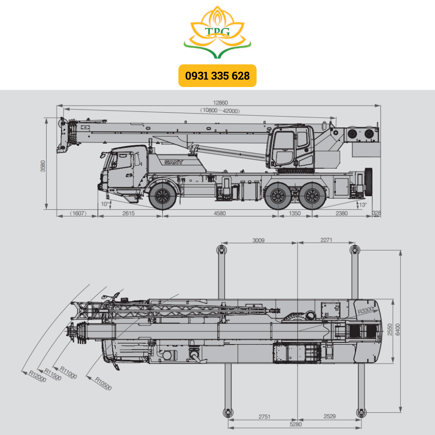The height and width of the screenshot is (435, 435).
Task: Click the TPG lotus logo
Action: click(217, 32)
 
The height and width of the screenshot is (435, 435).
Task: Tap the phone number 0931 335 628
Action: click(217, 76)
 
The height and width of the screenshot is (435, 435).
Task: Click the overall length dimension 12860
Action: click(220, 103)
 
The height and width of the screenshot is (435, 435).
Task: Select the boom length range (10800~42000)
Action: click(220, 110)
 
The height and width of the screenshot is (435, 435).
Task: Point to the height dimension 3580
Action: click(43, 166)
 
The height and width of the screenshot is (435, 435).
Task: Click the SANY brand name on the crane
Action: click(174, 162)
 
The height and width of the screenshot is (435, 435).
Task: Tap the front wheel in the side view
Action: click(163, 196)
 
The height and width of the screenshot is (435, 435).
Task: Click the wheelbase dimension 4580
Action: click(220, 213)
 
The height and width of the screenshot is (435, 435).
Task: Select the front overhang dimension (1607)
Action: click(78, 213)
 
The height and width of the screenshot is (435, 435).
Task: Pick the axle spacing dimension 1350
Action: click(294, 213)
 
